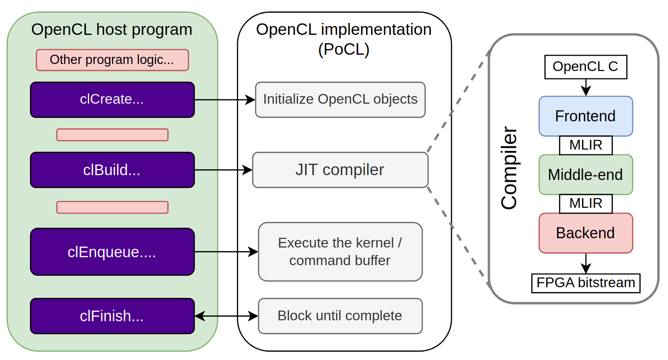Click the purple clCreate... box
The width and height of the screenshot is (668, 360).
pos(112,100)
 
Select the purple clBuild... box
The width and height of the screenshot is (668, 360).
pos(112,170)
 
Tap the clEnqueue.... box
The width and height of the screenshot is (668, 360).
pos(112,251)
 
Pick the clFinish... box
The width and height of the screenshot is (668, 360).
pos(112,316)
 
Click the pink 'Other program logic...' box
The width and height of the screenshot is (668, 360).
pos(112,60)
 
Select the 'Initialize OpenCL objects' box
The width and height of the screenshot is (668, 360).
pos(340,100)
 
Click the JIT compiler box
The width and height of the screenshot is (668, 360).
pos(340,170)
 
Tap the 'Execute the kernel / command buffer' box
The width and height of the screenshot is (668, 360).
pos(340,251)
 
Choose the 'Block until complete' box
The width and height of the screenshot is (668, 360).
pos(340,316)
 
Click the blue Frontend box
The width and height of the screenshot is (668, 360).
pos(585,116)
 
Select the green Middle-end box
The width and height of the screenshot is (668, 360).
pos(585,175)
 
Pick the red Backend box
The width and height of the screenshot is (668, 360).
pos(585,233)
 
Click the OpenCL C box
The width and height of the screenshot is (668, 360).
pos(585,67)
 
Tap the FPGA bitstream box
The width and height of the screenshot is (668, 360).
pos(585,283)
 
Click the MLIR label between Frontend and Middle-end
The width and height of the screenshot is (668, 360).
pos(585,145)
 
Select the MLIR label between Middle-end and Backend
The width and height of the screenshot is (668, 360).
pos(585,203)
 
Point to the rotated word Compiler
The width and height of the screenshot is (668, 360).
pos(509,168)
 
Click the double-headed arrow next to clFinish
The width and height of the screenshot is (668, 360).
pos(226,316)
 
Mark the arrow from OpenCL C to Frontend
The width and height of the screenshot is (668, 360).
pos(585,87)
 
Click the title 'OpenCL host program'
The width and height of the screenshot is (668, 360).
pos(112,30)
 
